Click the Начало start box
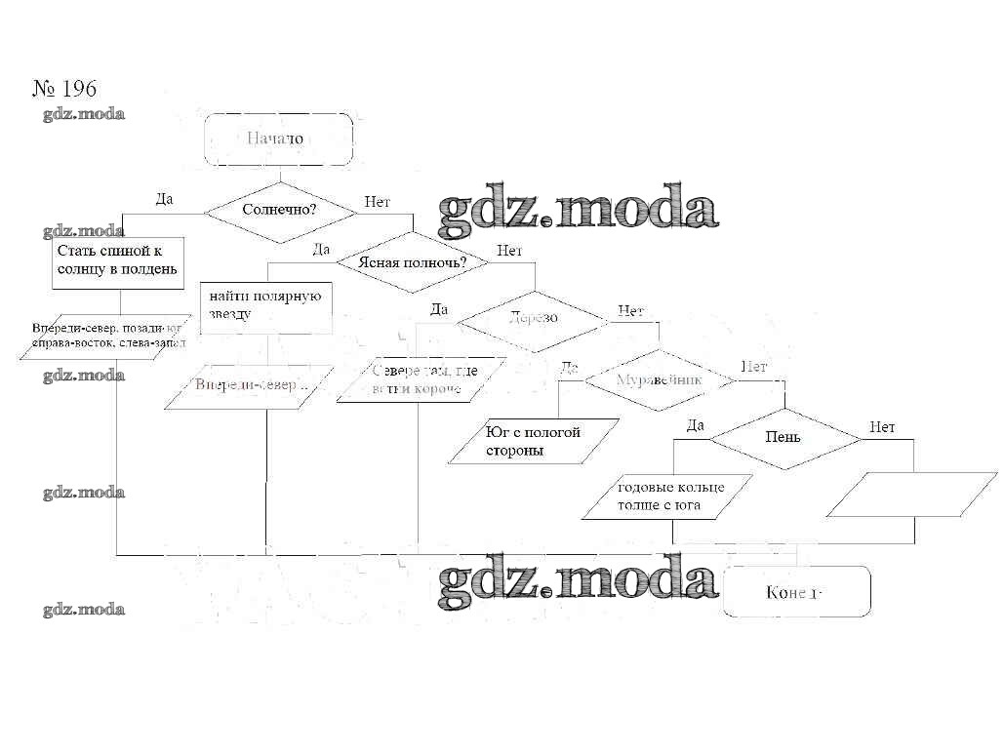coord(278,139)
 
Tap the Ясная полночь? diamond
coord(412,262)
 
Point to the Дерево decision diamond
coord(533,318)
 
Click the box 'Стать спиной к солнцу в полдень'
coord(117,260)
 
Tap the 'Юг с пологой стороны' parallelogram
coord(535,441)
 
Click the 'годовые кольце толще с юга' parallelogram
coord(669,497)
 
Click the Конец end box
coord(796,592)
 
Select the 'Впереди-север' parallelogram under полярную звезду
coord(251,384)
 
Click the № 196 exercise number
coord(64,89)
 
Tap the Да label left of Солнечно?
coord(164,199)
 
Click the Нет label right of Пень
coord(882,427)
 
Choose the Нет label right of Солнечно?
coord(377,202)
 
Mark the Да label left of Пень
coord(695,425)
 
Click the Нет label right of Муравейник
coord(753,367)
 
